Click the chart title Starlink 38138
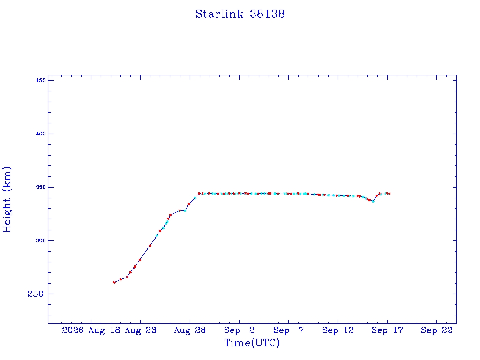pos(240,14)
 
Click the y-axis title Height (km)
pos(7,199)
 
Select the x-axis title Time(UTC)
pos(252,343)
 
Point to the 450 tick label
pos(41,80)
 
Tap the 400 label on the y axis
pos(41,134)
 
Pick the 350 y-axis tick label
pos(41,187)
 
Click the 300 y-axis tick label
pos(41,240)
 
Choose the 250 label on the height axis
pos(36,294)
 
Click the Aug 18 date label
pos(104,330)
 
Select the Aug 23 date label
pos(141,330)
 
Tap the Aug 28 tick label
pos(190,330)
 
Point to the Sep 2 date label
pos(239,330)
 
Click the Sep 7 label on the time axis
pos(288,330)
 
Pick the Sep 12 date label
pos(338,330)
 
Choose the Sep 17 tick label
pos(387,330)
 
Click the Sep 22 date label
pos(436,330)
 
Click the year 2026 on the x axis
pos(73,330)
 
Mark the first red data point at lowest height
pos(114,282)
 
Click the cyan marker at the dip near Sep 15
pos(373,201)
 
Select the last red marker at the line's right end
pos(390,194)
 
